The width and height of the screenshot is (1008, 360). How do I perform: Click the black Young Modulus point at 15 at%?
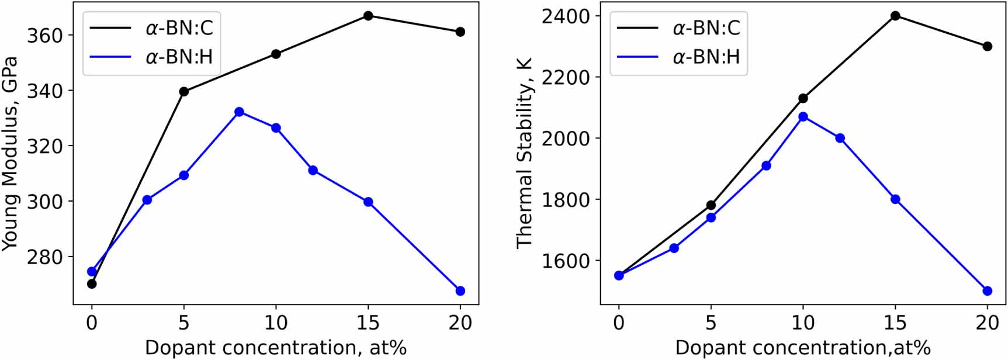pos(368,16)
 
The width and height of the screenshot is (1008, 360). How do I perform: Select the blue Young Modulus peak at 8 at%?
pos(239,112)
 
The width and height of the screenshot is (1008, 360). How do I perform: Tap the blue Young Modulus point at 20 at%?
pos(460,291)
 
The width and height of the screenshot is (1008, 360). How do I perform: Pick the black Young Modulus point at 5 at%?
pos(184,91)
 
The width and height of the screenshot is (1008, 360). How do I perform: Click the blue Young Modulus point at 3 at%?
pos(147,200)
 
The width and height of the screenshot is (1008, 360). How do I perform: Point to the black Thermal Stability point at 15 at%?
pos(895,16)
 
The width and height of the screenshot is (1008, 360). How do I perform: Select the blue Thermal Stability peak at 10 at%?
pos(803,117)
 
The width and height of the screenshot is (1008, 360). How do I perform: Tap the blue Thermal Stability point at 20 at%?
pos(988,291)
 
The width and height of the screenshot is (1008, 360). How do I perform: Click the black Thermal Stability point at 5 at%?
pos(711,205)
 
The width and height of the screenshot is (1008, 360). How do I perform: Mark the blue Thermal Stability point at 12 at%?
pos(840,138)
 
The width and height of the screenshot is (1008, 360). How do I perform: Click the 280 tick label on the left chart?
pos(44,257)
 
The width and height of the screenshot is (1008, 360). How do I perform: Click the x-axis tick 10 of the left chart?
pos(276,322)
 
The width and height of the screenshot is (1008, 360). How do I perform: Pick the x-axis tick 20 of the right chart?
pos(988,322)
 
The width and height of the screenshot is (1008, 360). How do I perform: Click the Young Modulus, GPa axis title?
pos(11,154)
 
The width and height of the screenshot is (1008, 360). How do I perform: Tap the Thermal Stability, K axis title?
pos(525,154)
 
